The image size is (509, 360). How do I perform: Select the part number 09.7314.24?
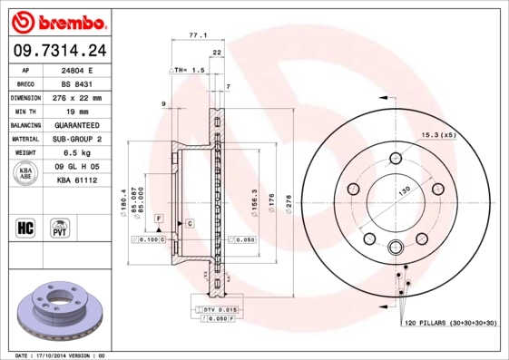(55, 50)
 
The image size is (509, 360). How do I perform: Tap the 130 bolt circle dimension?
(402, 189)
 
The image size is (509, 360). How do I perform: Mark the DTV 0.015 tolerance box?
(217, 310)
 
